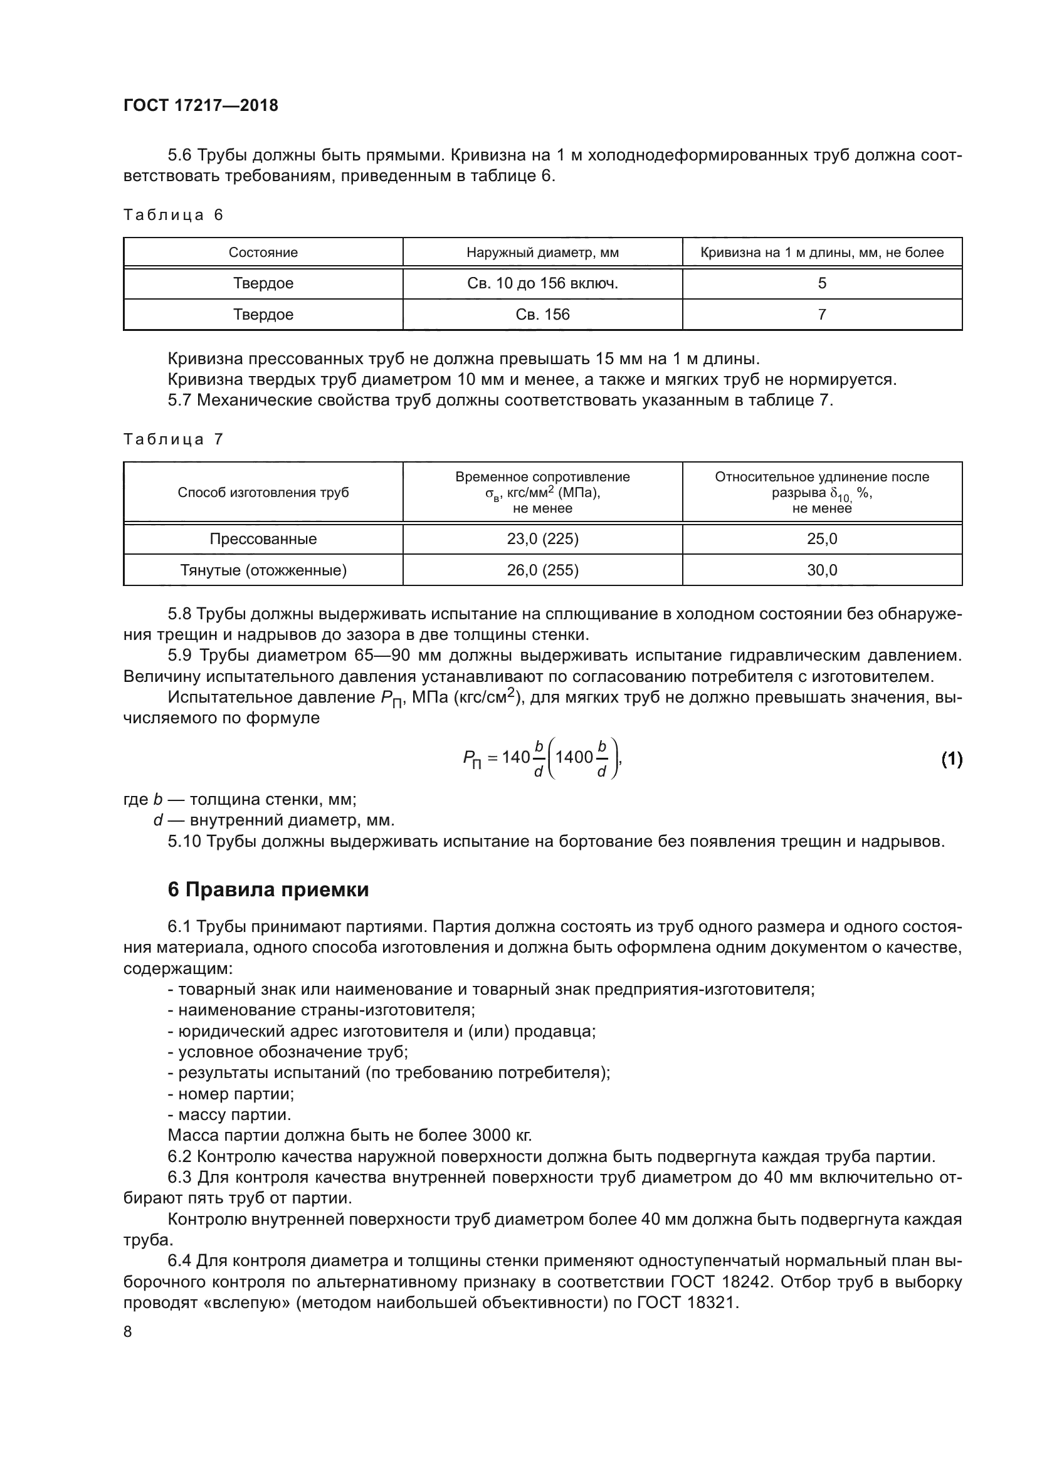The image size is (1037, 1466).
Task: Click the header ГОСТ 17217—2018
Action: point(201,105)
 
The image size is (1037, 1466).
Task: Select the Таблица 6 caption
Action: point(173,215)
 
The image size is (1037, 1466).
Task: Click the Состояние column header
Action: point(263,252)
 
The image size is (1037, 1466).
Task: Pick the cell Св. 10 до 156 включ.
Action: point(542,283)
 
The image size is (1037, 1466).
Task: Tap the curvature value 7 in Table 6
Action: point(822,315)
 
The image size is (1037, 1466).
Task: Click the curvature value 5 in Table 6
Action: point(822,283)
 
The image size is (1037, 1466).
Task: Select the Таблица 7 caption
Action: point(173,439)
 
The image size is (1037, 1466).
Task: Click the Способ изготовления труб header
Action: point(263,492)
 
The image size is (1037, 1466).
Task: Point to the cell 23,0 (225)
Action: point(542,539)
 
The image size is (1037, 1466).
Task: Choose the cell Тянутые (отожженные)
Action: point(263,570)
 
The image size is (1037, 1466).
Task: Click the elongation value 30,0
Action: point(822,570)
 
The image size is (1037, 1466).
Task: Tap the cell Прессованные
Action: point(263,539)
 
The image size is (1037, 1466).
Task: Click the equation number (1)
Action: point(952,758)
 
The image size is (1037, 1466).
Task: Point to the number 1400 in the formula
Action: point(574,757)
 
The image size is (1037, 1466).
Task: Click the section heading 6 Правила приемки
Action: point(268,890)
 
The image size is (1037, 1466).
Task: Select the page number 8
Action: point(128,1332)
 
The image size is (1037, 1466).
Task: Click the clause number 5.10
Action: point(184,842)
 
